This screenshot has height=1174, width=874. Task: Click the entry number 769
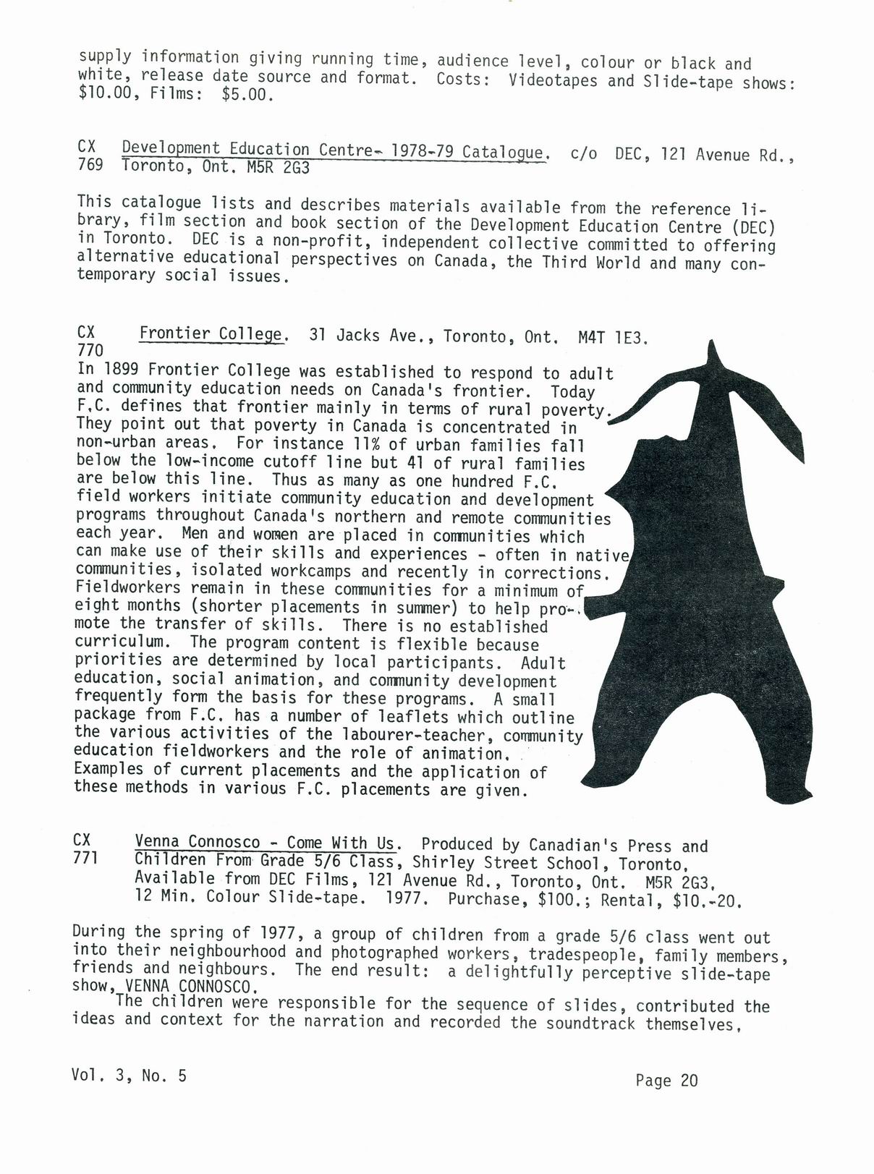point(89,165)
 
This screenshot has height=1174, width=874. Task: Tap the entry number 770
point(89,351)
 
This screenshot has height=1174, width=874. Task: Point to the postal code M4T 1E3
point(614,337)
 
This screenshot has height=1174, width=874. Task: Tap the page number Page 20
point(666,1081)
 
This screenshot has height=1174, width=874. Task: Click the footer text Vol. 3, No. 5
point(129,1076)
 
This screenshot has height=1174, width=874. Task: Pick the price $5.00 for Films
point(248,95)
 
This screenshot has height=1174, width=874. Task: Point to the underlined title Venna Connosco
point(197,842)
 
